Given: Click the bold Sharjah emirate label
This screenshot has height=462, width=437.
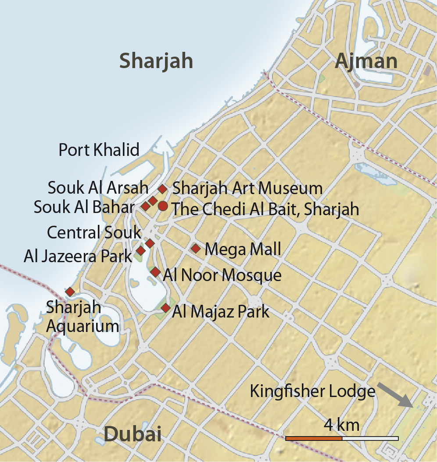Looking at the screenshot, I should [156, 61].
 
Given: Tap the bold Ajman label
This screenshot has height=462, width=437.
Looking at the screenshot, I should [366, 61].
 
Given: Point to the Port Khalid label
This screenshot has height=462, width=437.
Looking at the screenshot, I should [99, 150].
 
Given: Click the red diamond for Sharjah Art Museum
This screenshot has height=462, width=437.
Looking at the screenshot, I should [162, 189].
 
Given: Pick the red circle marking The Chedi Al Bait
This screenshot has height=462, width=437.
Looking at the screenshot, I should [163, 206].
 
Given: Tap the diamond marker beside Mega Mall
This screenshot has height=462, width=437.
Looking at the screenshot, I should [196, 249].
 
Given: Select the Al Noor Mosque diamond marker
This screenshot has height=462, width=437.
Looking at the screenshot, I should [155, 272].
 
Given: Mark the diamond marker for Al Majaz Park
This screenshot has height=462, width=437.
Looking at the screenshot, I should [165, 308].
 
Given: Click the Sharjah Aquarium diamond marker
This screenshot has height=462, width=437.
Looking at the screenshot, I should [69, 292].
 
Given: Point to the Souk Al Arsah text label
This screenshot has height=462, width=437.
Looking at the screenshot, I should [98, 188].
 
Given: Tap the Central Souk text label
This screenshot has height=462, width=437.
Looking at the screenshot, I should [94, 232].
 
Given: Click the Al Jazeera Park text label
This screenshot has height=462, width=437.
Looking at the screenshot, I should [78, 256].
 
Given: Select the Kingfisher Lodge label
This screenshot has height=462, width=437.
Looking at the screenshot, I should [312, 391].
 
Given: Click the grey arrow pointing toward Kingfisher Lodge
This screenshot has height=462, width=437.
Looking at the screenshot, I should [394, 394].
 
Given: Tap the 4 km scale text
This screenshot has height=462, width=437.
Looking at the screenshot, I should [341, 425].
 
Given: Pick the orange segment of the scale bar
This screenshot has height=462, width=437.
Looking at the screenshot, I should [314, 438].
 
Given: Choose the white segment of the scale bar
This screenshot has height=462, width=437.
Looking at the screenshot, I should [370, 438].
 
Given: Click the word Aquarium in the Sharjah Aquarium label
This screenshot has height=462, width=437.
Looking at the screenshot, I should [83, 326].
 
